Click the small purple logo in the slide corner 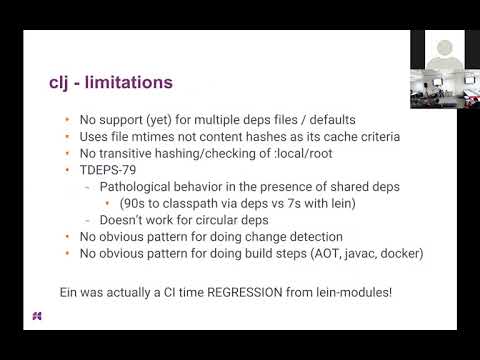(36, 317)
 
